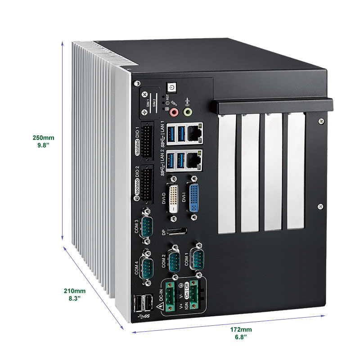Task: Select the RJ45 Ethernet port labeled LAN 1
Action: pos(194,131)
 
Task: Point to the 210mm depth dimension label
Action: pos(74,294)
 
